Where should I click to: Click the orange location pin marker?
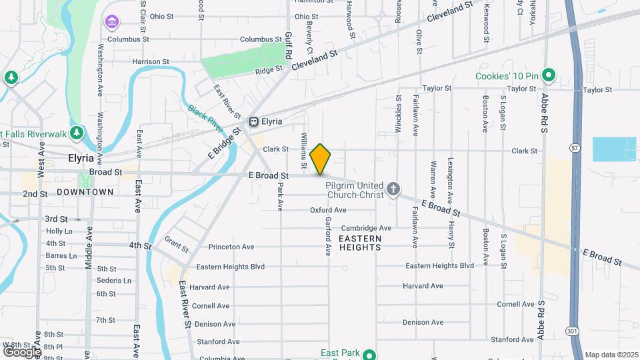(321, 159)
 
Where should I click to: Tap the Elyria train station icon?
(253, 122)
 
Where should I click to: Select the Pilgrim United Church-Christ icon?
(393, 190)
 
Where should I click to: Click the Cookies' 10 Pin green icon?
(548, 75)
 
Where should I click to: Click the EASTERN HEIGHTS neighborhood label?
(360, 243)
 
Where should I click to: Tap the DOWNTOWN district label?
(85, 192)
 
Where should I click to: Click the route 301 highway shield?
(572, 331)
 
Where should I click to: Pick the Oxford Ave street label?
(328, 210)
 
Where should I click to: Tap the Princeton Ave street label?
(231, 247)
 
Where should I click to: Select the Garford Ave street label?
(328, 237)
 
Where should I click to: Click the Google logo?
(21, 351)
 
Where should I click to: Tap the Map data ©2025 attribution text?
(611, 355)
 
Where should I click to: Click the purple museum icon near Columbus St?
(111, 23)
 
